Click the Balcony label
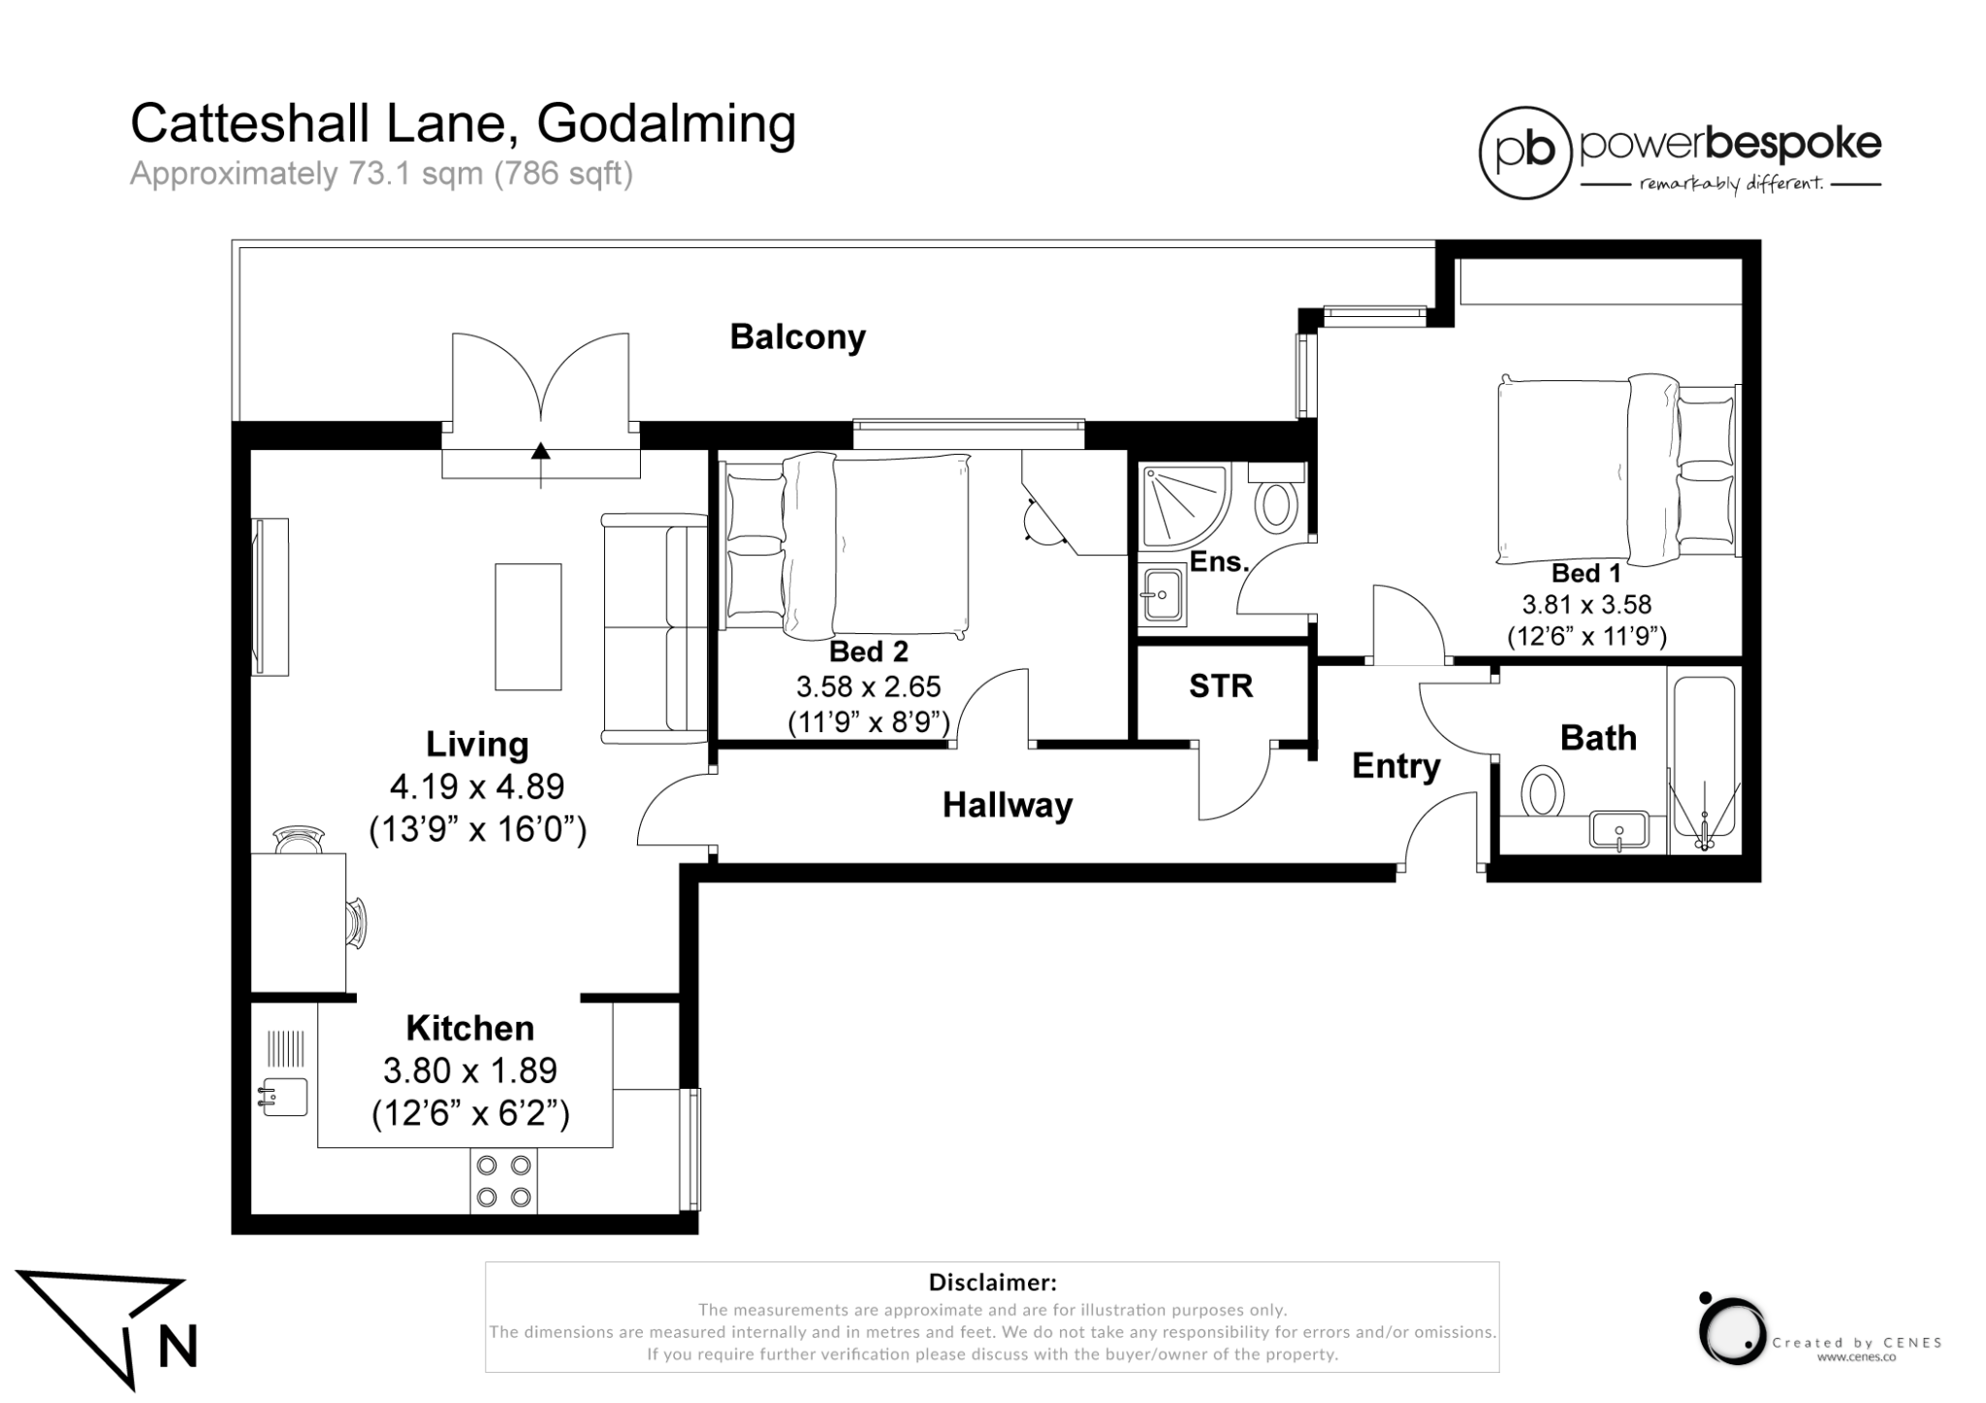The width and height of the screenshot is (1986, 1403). (x=797, y=337)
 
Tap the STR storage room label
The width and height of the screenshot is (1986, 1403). (x=1221, y=686)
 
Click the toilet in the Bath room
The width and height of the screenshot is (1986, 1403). (x=1543, y=790)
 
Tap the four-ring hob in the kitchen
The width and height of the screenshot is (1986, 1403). (x=503, y=1180)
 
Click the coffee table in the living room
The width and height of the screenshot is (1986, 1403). (x=528, y=626)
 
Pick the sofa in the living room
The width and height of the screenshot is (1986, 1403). (x=656, y=628)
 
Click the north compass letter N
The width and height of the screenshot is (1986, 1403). (x=177, y=1346)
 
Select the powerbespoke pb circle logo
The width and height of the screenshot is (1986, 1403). (x=1524, y=152)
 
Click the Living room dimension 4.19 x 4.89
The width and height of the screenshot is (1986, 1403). (x=477, y=786)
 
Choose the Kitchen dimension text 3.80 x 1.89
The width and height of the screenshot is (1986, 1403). (x=470, y=1070)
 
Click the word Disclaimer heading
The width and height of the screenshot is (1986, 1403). (x=992, y=1283)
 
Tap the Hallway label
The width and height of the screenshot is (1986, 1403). (x=1008, y=805)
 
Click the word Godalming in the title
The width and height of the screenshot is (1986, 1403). (x=666, y=124)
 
